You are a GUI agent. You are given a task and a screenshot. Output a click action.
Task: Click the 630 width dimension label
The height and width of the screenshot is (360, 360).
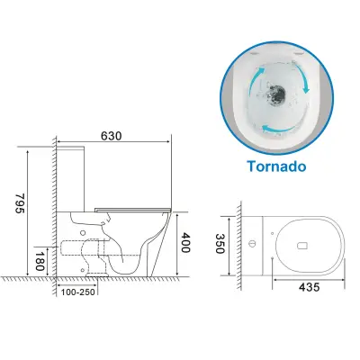click(x=111, y=136)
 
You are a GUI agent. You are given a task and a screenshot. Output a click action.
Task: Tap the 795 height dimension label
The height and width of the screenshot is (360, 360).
click(x=20, y=203)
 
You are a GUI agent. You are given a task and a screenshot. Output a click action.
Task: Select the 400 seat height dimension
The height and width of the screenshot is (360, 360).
click(x=185, y=242)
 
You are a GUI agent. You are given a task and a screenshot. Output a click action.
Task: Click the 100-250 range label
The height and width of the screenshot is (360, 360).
click(x=78, y=292)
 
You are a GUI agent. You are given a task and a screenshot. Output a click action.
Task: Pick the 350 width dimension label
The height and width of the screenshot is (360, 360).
click(x=220, y=244)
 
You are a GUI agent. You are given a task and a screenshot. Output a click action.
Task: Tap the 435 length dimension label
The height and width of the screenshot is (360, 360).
click(x=310, y=287)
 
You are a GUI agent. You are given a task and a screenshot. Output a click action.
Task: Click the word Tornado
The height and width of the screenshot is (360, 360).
click(x=276, y=166)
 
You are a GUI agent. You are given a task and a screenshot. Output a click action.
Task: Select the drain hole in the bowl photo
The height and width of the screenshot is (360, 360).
click(x=276, y=93)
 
